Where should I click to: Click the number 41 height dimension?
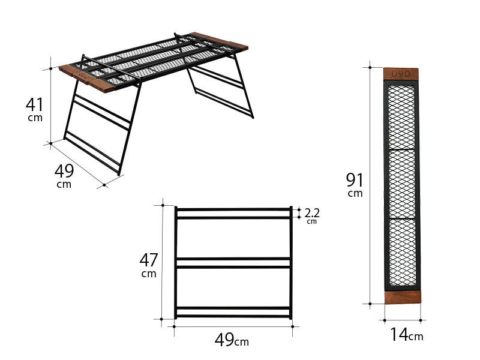tap(34, 104)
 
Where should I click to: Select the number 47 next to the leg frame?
tap(148, 260)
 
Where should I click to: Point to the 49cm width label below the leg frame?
tap(231, 340)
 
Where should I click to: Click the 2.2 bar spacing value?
tap(312, 212)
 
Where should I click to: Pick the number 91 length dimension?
tap(355, 179)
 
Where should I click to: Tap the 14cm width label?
tap(406, 335)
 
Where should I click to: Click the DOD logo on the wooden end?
tap(401, 74)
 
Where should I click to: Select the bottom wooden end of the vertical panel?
tap(402, 298)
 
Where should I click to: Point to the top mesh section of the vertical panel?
tap(401, 116)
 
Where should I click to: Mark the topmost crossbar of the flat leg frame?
tap(233, 209)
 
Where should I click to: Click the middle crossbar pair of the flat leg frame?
tap(233, 263)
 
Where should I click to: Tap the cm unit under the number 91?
tap(355, 194)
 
